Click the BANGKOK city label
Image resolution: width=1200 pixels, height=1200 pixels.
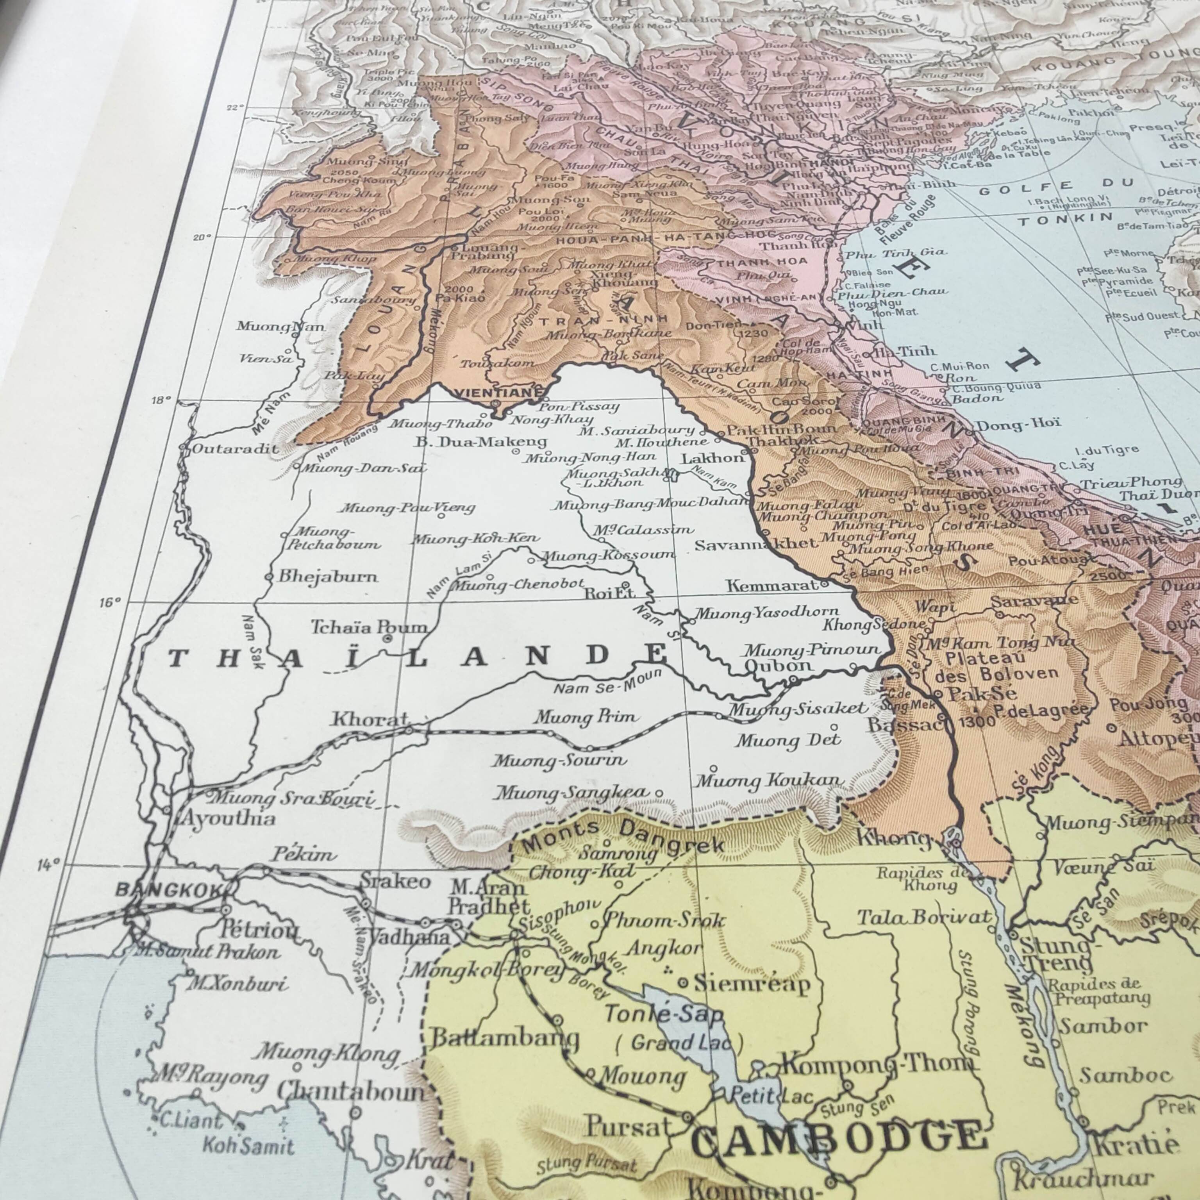click(168, 890)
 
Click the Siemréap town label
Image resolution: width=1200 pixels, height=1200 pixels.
click(752, 983)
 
